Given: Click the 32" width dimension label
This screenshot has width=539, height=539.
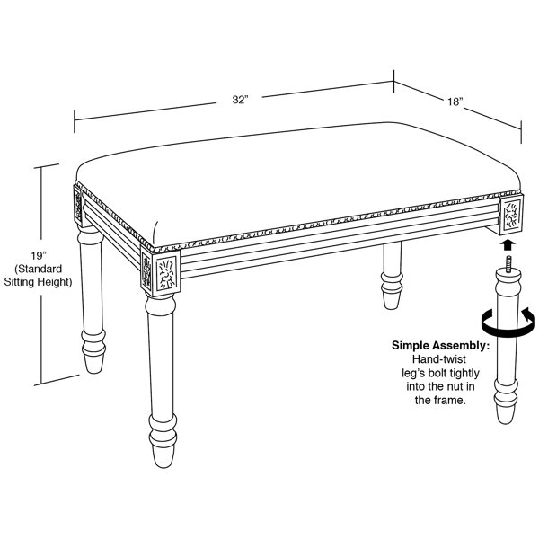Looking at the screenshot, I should point(238,101).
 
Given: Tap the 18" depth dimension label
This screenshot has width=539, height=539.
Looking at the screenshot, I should point(455,102).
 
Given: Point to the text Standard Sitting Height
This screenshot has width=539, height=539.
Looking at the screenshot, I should point(40,279).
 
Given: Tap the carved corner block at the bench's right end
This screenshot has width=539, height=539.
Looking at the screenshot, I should point(509,216).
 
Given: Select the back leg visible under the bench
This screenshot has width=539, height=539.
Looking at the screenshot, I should point(393,278).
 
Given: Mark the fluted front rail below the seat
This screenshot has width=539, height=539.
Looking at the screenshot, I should point(332,235).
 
